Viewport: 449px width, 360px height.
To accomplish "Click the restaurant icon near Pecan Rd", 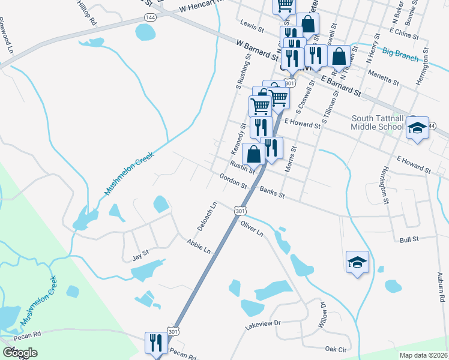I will point(154,343).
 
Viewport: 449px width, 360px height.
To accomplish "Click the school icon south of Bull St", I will point(357,262).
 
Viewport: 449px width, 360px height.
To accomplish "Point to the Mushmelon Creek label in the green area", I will point(40,301).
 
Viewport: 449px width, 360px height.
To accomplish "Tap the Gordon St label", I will point(234,181).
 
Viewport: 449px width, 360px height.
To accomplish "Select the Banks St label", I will point(272,193).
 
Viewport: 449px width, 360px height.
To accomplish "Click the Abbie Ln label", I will point(199,246).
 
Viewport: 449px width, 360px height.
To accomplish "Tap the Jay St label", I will point(140,258).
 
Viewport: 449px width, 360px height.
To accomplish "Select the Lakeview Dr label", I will point(263,323).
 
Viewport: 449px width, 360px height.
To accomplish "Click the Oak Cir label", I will point(336,349).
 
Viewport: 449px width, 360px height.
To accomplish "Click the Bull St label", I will point(408,239).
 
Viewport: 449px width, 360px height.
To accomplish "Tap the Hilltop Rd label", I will point(87,12).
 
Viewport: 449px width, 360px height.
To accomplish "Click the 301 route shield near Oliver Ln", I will point(240,211).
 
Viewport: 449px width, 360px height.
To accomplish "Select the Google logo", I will point(20,353).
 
